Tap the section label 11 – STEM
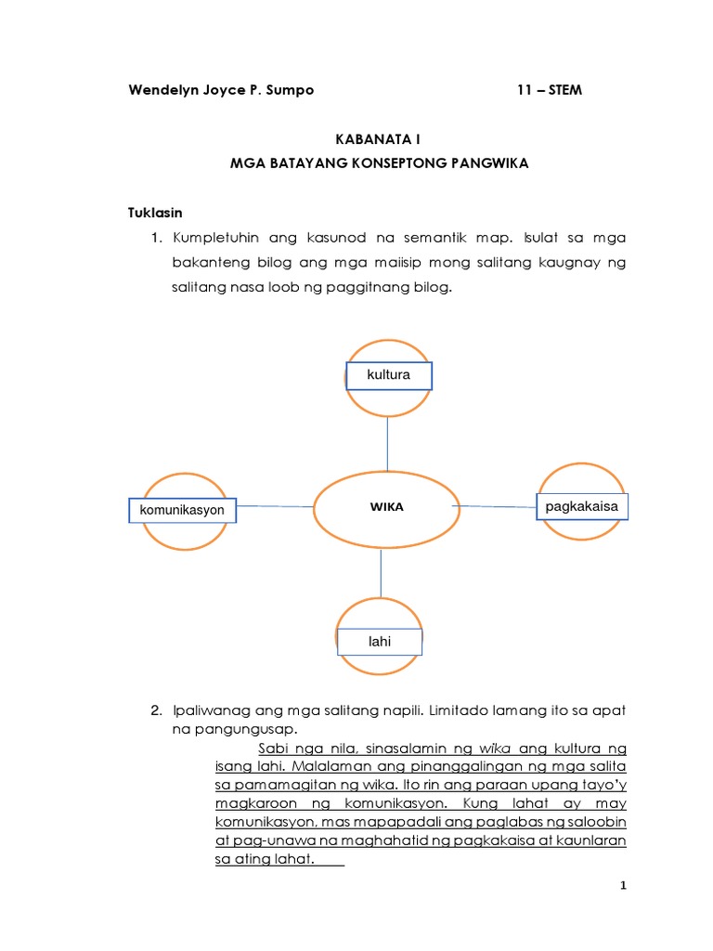tap(550, 90)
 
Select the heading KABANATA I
tap(377, 139)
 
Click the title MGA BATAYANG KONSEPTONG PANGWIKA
tap(378, 163)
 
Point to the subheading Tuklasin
tap(155, 213)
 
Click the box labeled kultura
tap(388, 375)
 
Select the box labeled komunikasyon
tap(182, 510)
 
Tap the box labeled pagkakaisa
tap(582, 506)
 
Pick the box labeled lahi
tap(380, 642)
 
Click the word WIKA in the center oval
tap(387, 507)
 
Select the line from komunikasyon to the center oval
tap(275, 506)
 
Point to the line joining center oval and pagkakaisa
tap(497, 506)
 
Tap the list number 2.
tap(156, 710)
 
